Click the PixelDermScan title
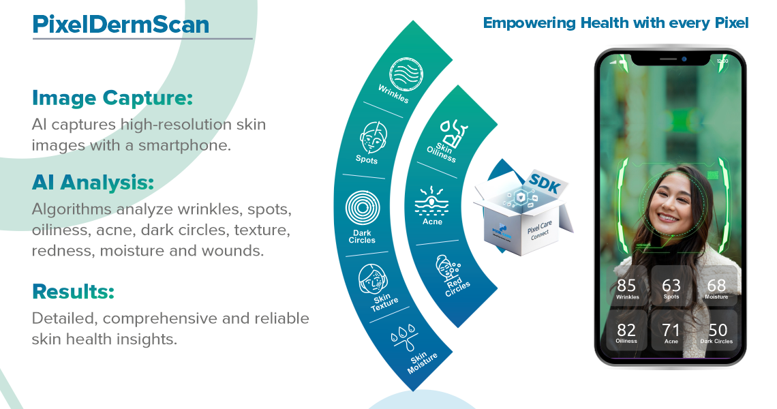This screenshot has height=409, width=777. pos(121,25)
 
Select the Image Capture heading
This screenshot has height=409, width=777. pos(112,98)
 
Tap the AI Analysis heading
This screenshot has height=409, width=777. pos(93,183)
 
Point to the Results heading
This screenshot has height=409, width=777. pos(73,292)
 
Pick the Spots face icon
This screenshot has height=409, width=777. pos(369,138)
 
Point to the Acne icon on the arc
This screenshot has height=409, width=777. pos(432,199)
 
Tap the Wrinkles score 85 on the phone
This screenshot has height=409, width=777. pos(626,285)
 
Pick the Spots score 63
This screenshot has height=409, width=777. pos(671,285)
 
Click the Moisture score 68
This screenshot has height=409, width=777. pos(716,285)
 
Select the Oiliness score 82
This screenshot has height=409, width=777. pos(626,330)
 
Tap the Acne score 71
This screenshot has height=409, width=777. pos(671,330)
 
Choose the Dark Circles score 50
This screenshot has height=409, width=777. pos(717,330)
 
